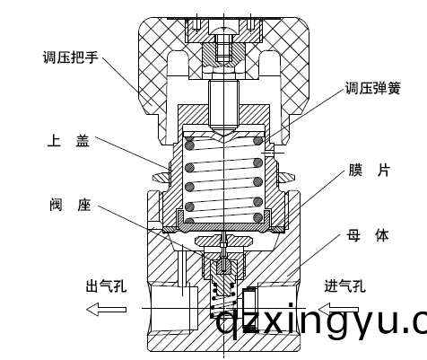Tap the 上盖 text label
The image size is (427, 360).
(x=67, y=141)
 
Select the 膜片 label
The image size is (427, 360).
(x=369, y=171)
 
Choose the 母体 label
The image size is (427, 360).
(x=368, y=236)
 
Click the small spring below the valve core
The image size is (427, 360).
(x=223, y=297)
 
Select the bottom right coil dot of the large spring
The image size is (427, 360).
(x=257, y=216)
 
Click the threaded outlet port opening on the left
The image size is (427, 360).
(x=171, y=310)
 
